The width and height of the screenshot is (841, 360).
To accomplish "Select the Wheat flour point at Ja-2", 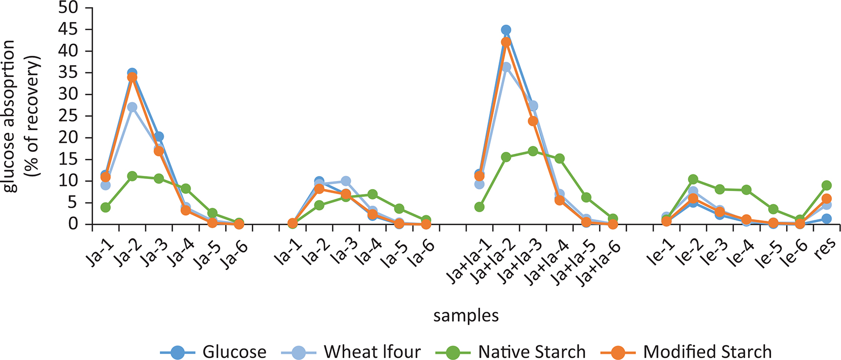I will (x=132, y=107).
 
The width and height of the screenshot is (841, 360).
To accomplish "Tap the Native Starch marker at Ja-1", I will (x=105, y=207).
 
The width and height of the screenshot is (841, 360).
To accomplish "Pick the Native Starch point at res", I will (x=826, y=185).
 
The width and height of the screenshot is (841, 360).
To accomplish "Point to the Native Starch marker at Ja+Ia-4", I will (x=559, y=158).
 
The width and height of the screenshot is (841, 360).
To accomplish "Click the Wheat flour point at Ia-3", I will (x=345, y=181).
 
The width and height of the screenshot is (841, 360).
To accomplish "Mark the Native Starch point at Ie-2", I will (x=693, y=179).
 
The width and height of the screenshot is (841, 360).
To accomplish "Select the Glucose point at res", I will (x=826, y=219).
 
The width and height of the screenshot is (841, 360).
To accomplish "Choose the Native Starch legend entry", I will (x=518, y=351).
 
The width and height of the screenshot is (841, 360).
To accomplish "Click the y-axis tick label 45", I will (x=69, y=29).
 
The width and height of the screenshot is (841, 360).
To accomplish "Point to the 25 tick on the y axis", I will (x=69, y=116).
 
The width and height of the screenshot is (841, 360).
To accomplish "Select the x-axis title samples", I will (x=466, y=315).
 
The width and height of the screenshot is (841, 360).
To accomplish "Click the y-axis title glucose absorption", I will (x=10, y=117).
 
